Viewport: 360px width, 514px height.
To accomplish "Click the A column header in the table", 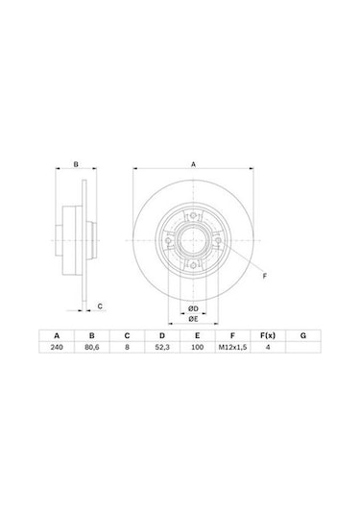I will tap(57, 335).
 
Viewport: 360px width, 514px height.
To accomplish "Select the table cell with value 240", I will tap(57, 347).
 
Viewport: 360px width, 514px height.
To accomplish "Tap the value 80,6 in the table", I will tap(92, 347).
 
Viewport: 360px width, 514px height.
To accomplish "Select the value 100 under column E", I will tap(197, 347).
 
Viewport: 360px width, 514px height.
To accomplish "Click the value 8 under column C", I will tap(127, 347).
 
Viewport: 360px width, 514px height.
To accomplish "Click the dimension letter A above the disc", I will tap(192, 165).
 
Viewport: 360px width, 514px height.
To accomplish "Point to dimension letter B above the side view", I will tap(75, 165).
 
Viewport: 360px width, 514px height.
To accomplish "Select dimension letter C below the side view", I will tap(101, 306).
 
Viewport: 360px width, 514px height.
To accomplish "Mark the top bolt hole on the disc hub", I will tap(193, 216).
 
